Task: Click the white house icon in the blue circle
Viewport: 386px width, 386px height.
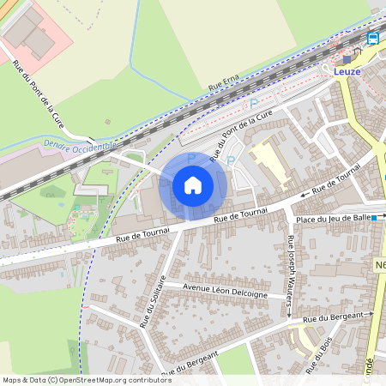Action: pyautogui.click(x=193, y=185)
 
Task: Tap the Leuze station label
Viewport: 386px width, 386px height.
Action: pyautogui.click(x=347, y=73)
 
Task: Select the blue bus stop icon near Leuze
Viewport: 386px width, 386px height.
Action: pyautogui.click(x=373, y=39)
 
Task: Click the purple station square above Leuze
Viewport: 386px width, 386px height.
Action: pyautogui.click(x=338, y=60)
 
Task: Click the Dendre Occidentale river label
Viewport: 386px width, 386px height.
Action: pyautogui.click(x=79, y=147)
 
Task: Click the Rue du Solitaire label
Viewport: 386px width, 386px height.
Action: pyautogui.click(x=154, y=301)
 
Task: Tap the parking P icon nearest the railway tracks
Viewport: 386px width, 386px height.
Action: pyautogui.click(x=253, y=104)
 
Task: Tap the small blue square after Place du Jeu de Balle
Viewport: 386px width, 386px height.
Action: pyautogui.click(x=374, y=219)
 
